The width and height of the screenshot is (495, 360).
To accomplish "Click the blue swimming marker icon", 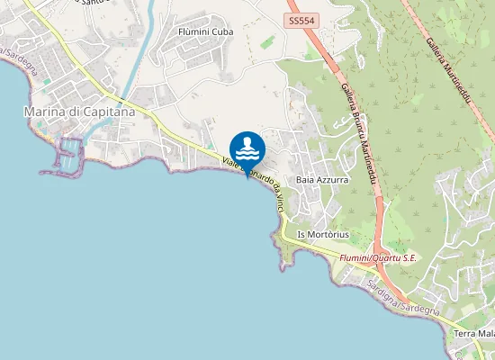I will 247,148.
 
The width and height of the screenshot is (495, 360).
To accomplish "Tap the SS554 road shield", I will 301,19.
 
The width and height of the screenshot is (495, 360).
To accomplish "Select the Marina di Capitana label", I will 79,112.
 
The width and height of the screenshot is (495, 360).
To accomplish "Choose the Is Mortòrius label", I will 322,235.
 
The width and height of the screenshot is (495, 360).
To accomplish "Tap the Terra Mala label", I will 474,334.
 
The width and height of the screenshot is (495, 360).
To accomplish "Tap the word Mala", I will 487,334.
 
